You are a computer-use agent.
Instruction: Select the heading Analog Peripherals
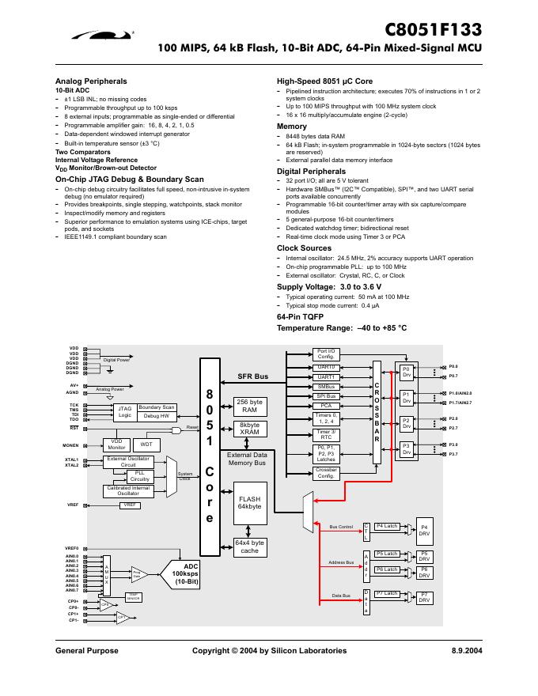pyautogui.click(x=91, y=81)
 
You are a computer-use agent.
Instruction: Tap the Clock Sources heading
pyautogui.click(x=304, y=248)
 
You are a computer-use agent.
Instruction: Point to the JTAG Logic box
pyautogui.click(x=124, y=411)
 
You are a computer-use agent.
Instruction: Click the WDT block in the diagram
pyautogui.click(x=146, y=445)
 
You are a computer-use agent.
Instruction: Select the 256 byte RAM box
pyautogui.click(x=249, y=406)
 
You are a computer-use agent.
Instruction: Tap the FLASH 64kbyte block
pyautogui.click(x=249, y=502)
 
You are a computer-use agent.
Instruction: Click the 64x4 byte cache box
pyautogui.click(x=249, y=547)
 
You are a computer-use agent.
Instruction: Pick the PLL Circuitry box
pyautogui.click(x=139, y=475)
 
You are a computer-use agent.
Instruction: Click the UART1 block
pyautogui.click(x=326, y=377)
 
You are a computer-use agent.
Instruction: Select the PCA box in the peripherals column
pyautogui.click(x=326, y=405)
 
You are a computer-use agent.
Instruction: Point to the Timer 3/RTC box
pyautogui.click(x=326, y=434)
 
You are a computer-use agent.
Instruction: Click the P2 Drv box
pyautogui.click(x=406, y=423)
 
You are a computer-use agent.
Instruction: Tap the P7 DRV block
pyautogui.click(x=424, y=597)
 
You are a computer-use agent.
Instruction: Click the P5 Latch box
pyautogui.click(x=386, y=554)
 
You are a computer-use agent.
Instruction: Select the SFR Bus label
pyautogui.click(x=253, y=376)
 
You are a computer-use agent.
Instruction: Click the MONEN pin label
pyautogui.click(x=71, y=445)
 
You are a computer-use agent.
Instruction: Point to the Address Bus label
pyautogui.click(x=340, y=562)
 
